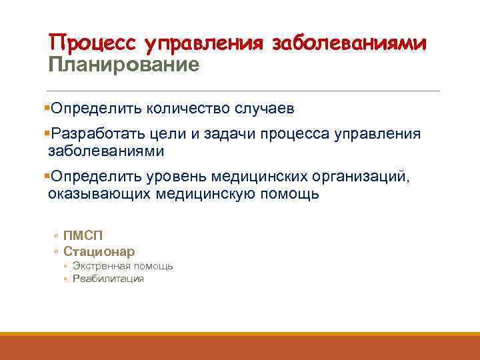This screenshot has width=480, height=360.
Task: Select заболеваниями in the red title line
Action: coord(349,43)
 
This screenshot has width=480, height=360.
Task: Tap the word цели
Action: coord(173,134)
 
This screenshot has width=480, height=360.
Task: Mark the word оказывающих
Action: coord(99,194)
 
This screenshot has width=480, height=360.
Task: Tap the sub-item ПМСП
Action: coord(83,235)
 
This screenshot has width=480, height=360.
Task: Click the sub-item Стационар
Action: coord(99,251)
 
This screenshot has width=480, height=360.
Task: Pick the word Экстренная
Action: coord(99,266)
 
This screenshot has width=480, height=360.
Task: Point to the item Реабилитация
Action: coord(108,279)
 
